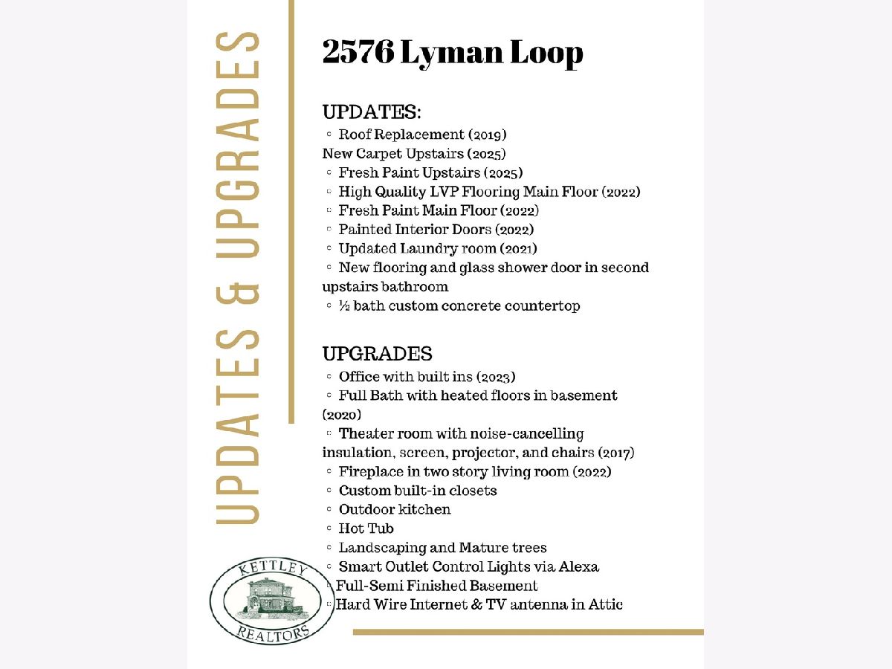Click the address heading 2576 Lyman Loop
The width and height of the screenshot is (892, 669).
[x=452, y=54]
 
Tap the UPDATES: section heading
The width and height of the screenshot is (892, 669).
[x=372, y=112]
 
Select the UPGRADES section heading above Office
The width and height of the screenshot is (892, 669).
[x=377, y=353]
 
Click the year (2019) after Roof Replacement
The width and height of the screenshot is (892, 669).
[x=487, y=135]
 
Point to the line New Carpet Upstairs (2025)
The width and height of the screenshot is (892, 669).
[x=414, y=154]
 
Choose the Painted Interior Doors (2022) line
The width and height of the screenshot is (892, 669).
[x=436, y=230]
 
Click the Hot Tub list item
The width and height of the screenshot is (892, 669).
[x=366, y=529]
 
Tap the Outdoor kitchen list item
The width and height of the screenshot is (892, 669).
[x=395, y=510]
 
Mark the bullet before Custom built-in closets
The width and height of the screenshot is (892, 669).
[x=329, y=491]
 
